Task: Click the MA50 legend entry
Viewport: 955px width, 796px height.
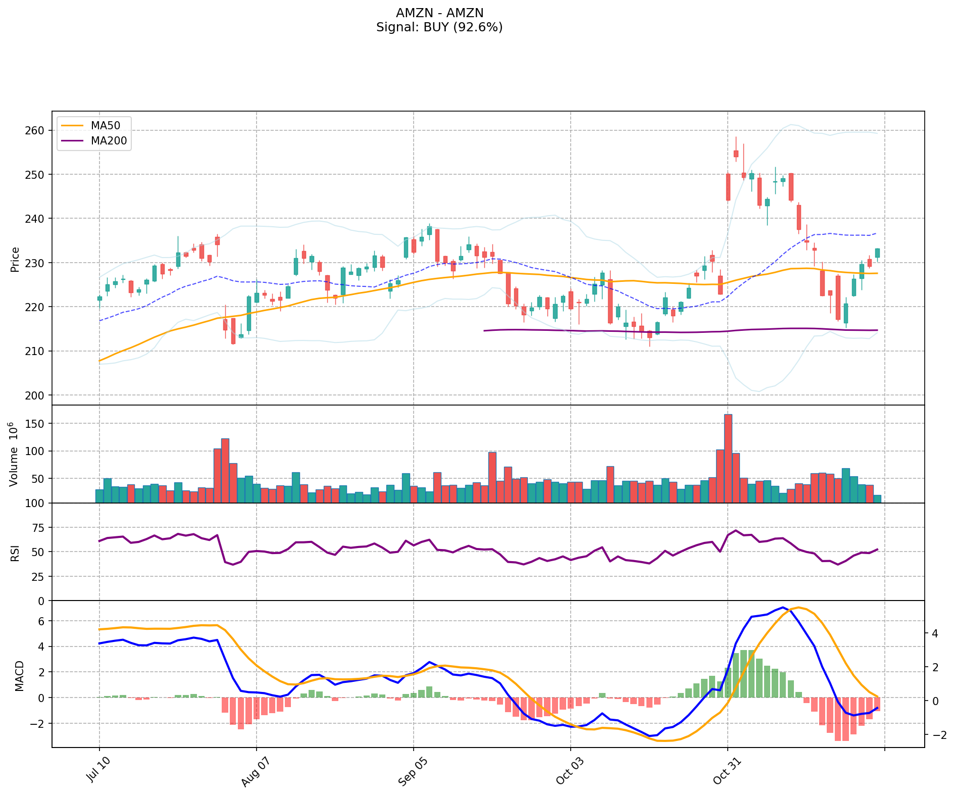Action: (105, 124)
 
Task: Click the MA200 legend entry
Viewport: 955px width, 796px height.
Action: (109, 140)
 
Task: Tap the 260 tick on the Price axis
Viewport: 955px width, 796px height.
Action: (34, 130)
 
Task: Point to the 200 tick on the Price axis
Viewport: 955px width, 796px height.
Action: (34, 395)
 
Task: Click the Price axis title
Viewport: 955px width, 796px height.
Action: (15, 260)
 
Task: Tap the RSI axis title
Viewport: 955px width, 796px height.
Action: (15, 553)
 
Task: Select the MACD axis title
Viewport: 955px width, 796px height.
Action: (19, 676)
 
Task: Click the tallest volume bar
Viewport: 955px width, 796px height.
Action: (728, 458)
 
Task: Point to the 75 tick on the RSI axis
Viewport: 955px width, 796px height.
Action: (39, 528)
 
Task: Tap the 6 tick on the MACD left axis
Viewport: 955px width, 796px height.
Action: (42, 621)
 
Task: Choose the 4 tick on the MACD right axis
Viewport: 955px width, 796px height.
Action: (935, 633)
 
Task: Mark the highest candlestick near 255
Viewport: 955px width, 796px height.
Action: (736, 153)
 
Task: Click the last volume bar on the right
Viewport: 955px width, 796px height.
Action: (877, 499)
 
